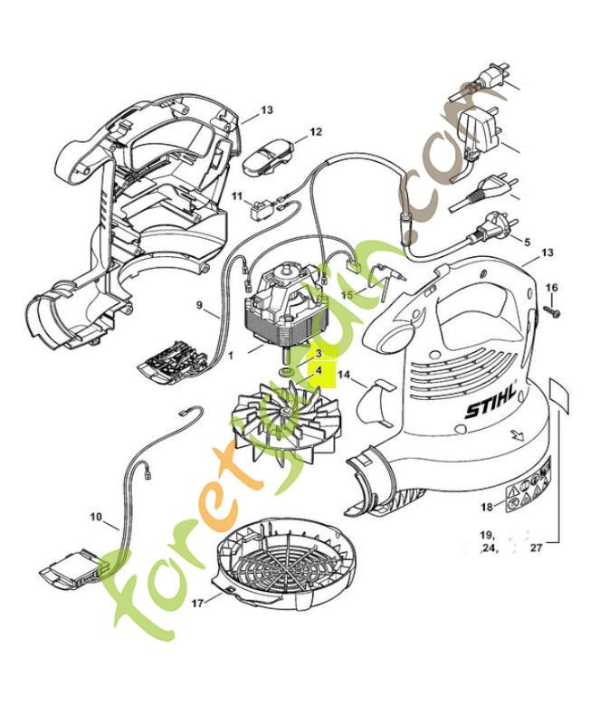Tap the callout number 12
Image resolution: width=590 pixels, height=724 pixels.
click(316, 132)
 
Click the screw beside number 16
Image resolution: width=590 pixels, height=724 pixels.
click(552, 310)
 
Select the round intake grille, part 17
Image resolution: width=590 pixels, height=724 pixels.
click(281, 560)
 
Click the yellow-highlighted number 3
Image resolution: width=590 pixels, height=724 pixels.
click(319, 352)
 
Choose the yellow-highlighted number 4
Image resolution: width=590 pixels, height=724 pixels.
click(319, 370)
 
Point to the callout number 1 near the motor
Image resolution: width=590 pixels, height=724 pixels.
click(231, 356)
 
